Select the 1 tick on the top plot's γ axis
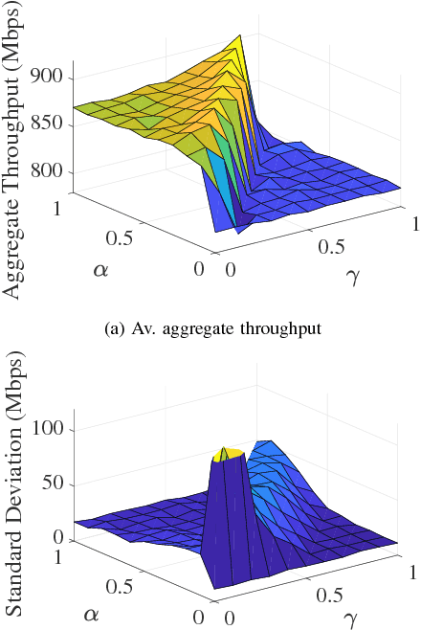tap(409, 223)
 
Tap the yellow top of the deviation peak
tap(231, 454)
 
